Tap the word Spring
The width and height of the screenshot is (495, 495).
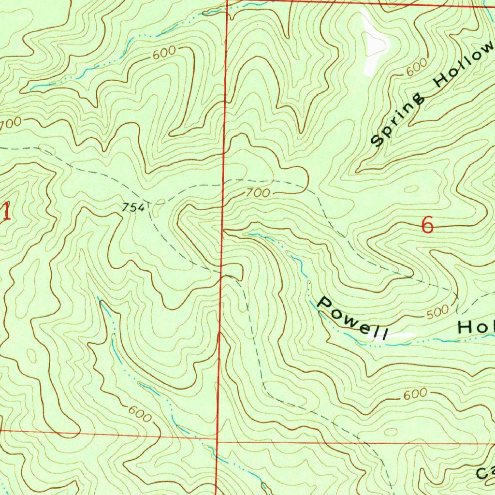(x=397, y=119)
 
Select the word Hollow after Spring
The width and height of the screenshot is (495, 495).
(x=464, y=68)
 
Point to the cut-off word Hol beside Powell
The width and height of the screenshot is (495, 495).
(x=476, y=328)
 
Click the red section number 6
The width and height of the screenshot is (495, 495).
(x=427, y=225)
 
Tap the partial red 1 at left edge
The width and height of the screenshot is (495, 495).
(x=6, y=212)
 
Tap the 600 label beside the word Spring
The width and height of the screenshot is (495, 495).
(x=416, y=67)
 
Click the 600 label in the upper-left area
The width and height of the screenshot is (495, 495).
(x=163, y=54)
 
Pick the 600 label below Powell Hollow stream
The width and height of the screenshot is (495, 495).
(x=415, y=394)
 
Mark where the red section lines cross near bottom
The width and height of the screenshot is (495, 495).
(x=217, y=442)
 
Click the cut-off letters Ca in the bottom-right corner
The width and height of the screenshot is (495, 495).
(x=485, y=473)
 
